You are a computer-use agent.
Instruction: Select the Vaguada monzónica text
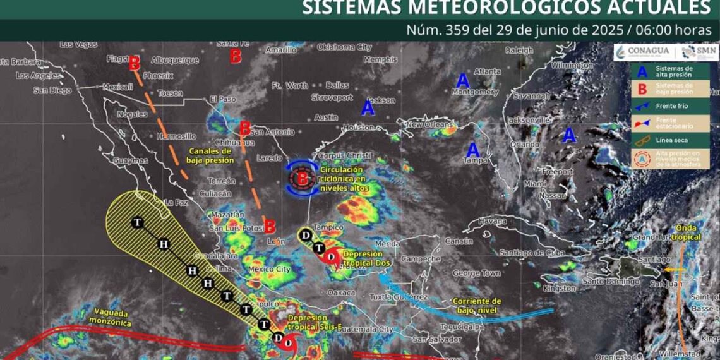114,317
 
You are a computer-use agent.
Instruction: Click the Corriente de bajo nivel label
477,306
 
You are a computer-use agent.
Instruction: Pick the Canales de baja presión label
211,156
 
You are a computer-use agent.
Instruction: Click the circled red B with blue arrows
302,179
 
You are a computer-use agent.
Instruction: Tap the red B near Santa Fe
236,57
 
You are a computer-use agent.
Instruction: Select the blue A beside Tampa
472,150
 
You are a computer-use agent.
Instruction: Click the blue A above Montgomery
463,81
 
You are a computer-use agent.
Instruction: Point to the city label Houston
359,128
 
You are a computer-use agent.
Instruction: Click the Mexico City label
270,270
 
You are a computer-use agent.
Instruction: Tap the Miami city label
534,184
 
